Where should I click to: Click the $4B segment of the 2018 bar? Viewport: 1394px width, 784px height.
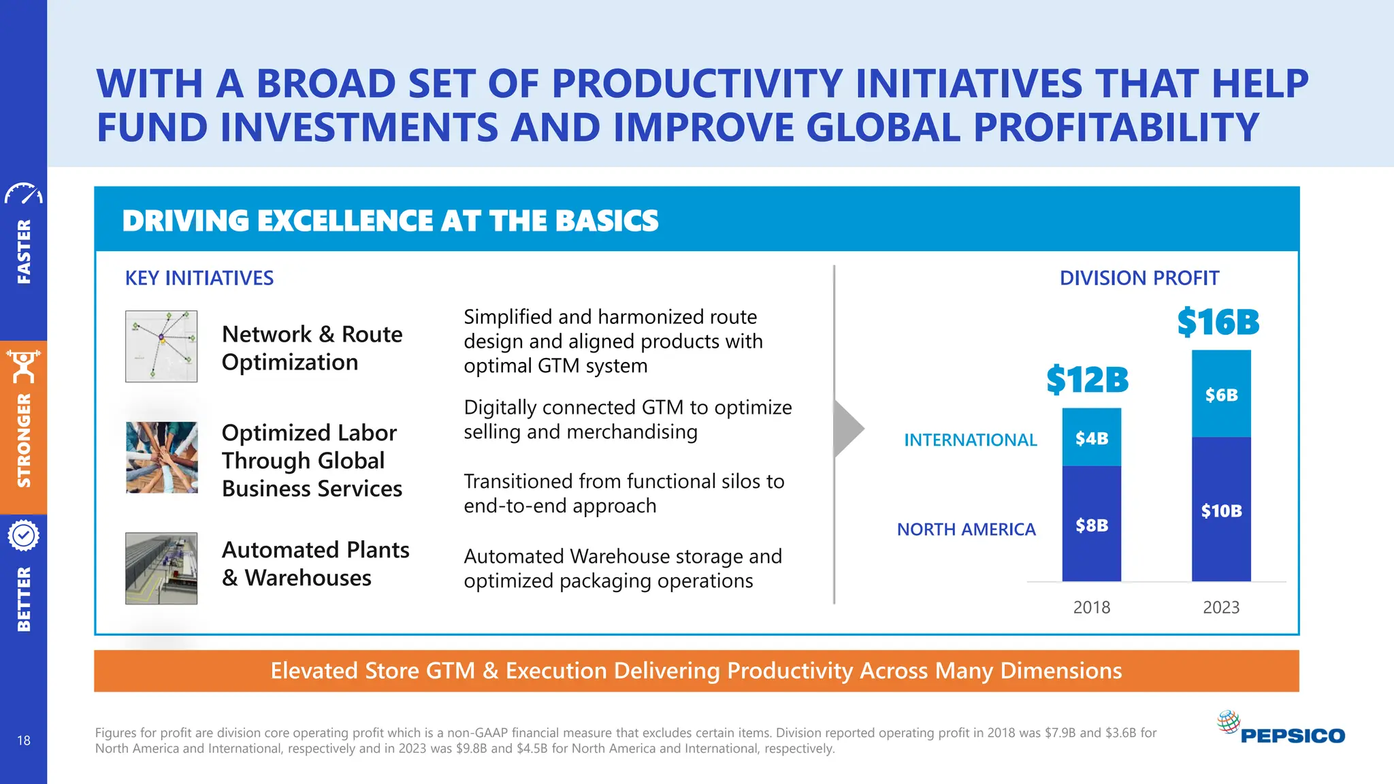tap(1091, 438)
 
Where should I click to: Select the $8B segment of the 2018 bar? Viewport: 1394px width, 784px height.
tap(1091, 524)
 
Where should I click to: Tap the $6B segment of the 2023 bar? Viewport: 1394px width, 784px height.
tap(1221, 395)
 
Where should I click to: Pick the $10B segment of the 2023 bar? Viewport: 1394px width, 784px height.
tap(1221, 510)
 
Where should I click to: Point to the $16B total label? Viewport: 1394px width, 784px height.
tap(1218, 322)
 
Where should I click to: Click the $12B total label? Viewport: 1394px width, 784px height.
tap(1087, 380)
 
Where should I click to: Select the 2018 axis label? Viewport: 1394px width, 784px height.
tap(1091, 607)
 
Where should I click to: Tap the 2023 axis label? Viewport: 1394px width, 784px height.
tap(1221, 607)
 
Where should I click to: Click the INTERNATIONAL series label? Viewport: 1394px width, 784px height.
tap(970, 440)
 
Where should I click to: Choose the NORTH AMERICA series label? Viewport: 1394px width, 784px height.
tap(966, 529)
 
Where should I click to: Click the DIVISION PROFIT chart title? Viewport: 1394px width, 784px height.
tap(1139, 278)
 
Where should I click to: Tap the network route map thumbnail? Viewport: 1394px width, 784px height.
tap(161, 346)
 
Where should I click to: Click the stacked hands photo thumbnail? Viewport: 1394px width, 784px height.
tap(161, 457)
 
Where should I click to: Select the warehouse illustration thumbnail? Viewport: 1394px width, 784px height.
tap(161, 568)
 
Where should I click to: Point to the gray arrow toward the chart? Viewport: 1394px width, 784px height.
tap(847, 429)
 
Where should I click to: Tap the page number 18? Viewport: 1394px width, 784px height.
tap(24, 740)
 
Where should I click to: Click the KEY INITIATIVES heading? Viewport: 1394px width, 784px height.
tap(199, 278)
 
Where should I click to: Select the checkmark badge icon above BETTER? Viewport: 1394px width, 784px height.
tap(24, 536)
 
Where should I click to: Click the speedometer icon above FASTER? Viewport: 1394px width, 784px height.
tap(24, 194)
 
